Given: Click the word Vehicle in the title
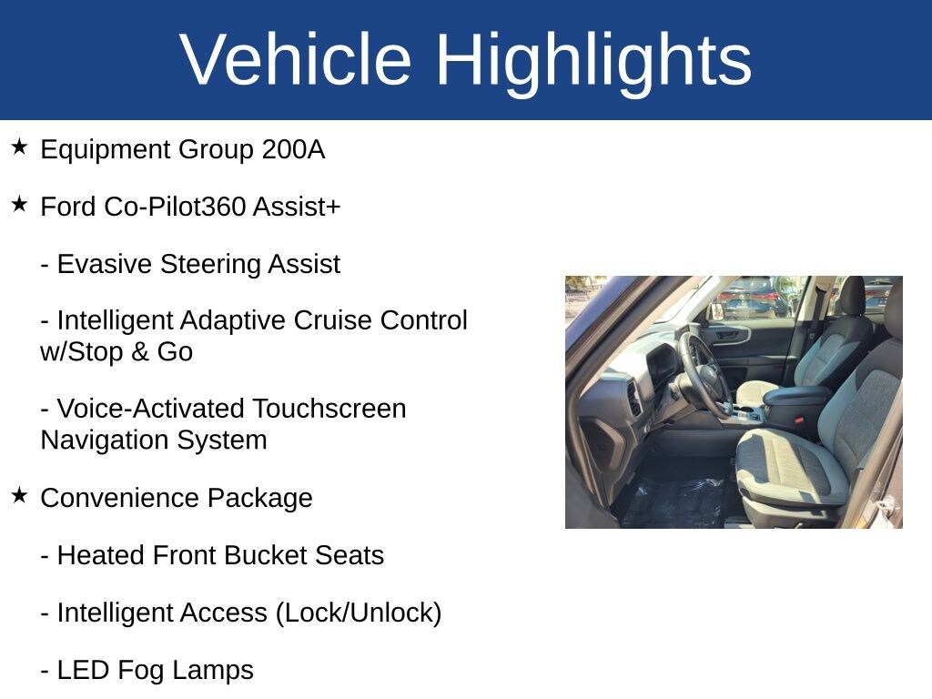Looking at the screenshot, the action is coord(296,59).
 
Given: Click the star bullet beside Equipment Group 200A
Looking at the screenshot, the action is coord(19,147).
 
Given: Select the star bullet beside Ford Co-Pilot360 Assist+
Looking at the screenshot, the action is coord(19,205).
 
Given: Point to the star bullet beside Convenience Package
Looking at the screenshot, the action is coord(19,495).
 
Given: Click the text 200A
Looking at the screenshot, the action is coord(293,149).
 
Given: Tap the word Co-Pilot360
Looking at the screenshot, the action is coord(175,207).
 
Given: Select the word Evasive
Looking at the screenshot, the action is coord(105,264).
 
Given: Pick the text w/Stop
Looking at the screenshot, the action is coord(81,352).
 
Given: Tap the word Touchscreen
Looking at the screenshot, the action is coord(329,409).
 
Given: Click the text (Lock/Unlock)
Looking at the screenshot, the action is coord(359,613).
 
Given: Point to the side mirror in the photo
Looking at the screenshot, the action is coord(717,311).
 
